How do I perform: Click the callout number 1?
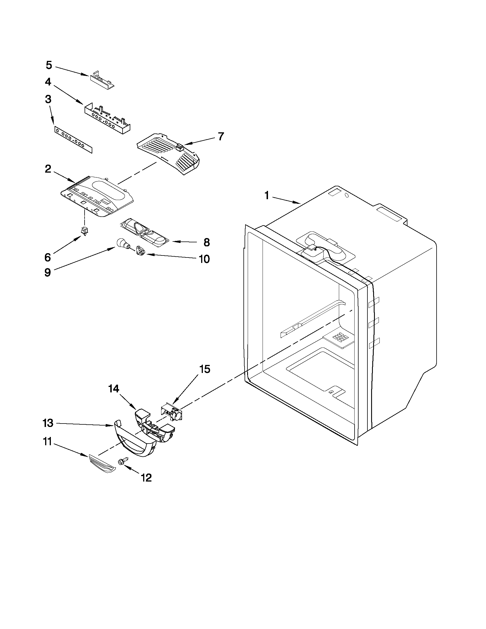pos(267,196)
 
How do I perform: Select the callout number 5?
pos(49,65)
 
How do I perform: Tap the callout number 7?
pos(221,136)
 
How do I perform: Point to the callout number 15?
pos(205,369)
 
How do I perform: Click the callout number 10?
pos(204,259)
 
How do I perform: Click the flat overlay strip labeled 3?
pos(73,140)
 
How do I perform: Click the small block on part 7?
pos(179,148)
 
